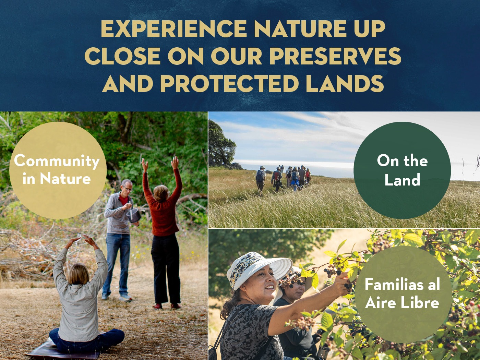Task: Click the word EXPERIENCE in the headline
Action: click(174, 29)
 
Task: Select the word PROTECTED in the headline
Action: click(229, 83)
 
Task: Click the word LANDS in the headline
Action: click(345, 83)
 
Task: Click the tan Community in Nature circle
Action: click(58, 170)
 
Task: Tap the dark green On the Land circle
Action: click(402, 170)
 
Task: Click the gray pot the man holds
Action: click(134, 215)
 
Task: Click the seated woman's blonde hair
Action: click(79, 274)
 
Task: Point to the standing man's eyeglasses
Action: click(128, 188)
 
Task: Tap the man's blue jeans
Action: click(117, 264)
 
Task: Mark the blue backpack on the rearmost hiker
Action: click(260, 176)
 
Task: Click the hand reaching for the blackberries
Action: click(342, 283)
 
